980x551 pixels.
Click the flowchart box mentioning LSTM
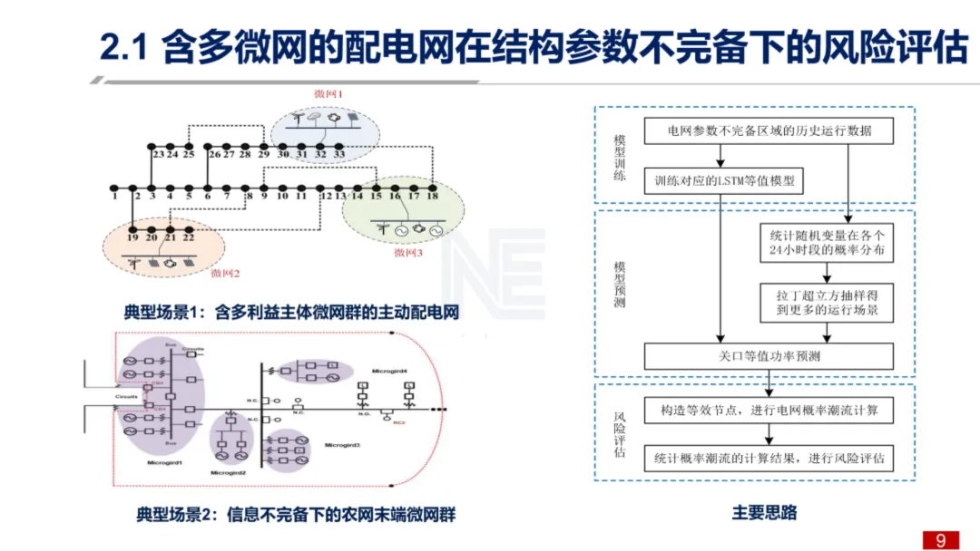[x=722, y=180]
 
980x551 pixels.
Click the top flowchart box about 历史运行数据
[x=769, y=131]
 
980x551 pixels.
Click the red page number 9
[x=940, y=540]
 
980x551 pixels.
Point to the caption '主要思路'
[x=764, y=513]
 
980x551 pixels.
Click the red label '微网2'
[x=224, y=272]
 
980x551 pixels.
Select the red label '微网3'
[x=408, y=253]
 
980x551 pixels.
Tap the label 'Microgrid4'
[x=389, y=372]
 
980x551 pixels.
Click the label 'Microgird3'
[x=342, y=445]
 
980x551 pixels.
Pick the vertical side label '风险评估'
[x=620, y=434]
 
